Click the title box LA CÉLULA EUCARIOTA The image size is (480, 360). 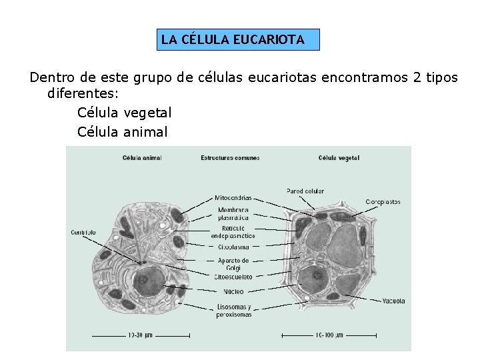[x=233, y=40]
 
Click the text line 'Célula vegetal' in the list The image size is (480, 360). [x=124, y=113]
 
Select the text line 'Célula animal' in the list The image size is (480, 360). [x=122, y=132]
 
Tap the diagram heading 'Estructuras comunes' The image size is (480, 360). [x=230, y=158]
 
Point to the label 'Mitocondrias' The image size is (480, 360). [x=233, y=197]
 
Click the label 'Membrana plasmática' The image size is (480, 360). [x=233, y=213]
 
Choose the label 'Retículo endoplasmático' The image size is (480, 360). [x=233, y=232]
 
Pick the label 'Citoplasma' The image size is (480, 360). [x=233, y=247]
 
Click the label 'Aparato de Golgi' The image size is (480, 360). [x=233, y=264]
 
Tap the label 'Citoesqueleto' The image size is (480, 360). [x=233, y=277]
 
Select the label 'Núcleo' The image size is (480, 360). [x=233, y=291]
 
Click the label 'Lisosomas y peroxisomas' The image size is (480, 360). [x=233, y=311]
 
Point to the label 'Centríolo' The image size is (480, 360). [x=83, y=232]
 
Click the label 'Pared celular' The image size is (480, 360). [x=305, y=191]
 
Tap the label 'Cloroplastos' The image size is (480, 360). [x=383, y=201]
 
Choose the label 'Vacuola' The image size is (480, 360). [x=393, y=301]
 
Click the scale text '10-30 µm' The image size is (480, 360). [x=141, y=335]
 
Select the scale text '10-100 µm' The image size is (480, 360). [x=329, y=335]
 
